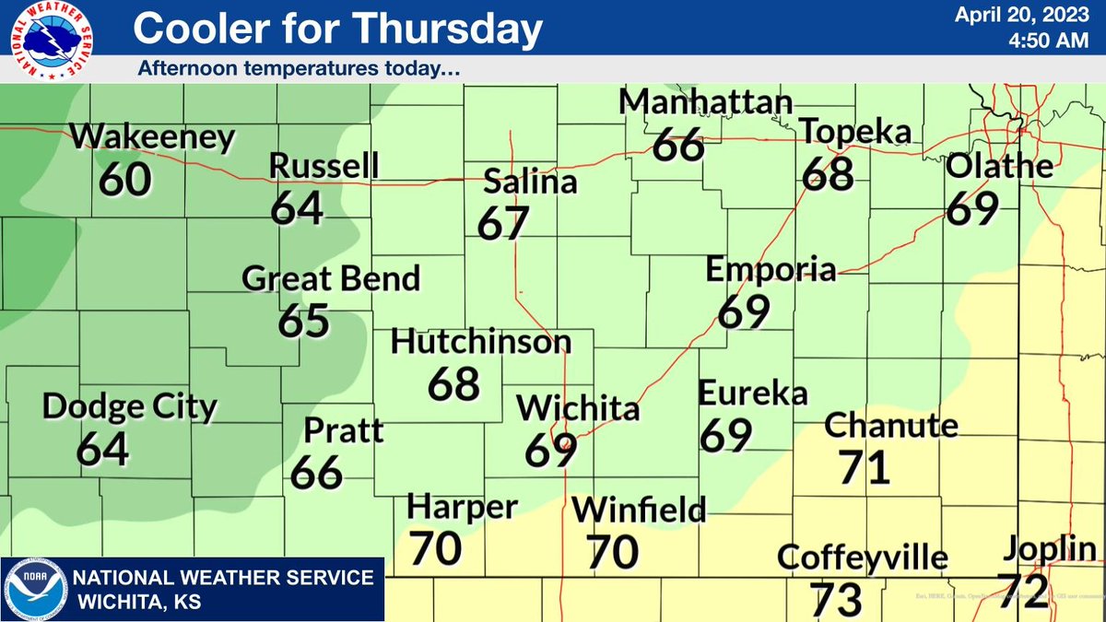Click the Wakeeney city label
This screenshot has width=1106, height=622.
point(153,139)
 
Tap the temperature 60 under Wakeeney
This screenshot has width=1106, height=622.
point(125,178)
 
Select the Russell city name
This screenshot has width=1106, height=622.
point(324,166)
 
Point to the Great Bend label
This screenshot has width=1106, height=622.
point(331,278)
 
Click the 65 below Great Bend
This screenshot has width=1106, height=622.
point(303,320)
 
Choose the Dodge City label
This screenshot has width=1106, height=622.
point(130,406)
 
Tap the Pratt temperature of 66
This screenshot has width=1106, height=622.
point(317,472)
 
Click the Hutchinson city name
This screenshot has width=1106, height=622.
point(481,342)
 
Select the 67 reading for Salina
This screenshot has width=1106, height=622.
point(504,223)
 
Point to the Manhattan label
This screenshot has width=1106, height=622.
point(706,102)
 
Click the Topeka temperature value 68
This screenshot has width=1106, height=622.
point(827,172)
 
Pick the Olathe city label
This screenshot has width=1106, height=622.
point(1000,167)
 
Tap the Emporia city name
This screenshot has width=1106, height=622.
point(771,270)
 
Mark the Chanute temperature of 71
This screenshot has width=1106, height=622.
point(864,466)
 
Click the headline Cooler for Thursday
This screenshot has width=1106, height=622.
point(336,29)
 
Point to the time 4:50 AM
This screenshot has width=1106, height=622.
point(1045,41)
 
